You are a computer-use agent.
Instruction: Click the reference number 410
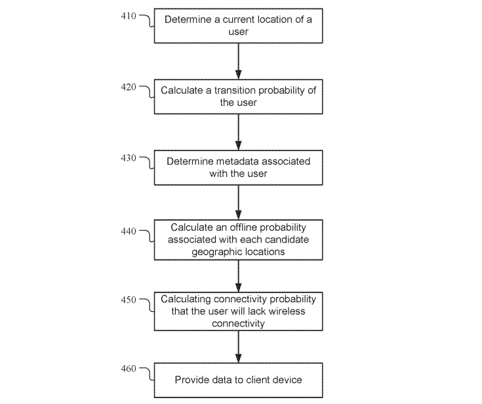pyautogui.click(x=129, y=16)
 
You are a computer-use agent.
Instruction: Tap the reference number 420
pyautogui.click(x=129, y=87)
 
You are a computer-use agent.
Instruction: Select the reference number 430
pyautogui.click(x=129, y=158)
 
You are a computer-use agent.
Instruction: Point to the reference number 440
pyautogui.click(x=129, y=231)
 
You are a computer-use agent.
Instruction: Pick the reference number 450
pyautogui.click(x=129, y=300)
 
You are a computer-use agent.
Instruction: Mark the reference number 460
pyautogui.click(x=129, y=369)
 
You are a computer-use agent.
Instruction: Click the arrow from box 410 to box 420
pyautogui.click(x=238, y=61)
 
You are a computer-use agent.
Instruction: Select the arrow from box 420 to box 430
pyautogui.click(x=238, y=132)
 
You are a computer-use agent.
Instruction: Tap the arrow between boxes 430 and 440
pyautogui.click(x=238, y=202)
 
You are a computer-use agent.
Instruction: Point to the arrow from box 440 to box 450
pyautogui.click(x=238, y=276)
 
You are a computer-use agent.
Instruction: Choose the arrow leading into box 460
pyautogui.click(x=238, y=347)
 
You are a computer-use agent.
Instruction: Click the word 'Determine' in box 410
pyautogui.click(x=188, y=20)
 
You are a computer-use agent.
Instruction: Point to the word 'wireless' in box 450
pyautogui.click(x=287, y=311)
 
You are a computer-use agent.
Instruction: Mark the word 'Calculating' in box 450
pyautogui.click(x=186, y=300)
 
